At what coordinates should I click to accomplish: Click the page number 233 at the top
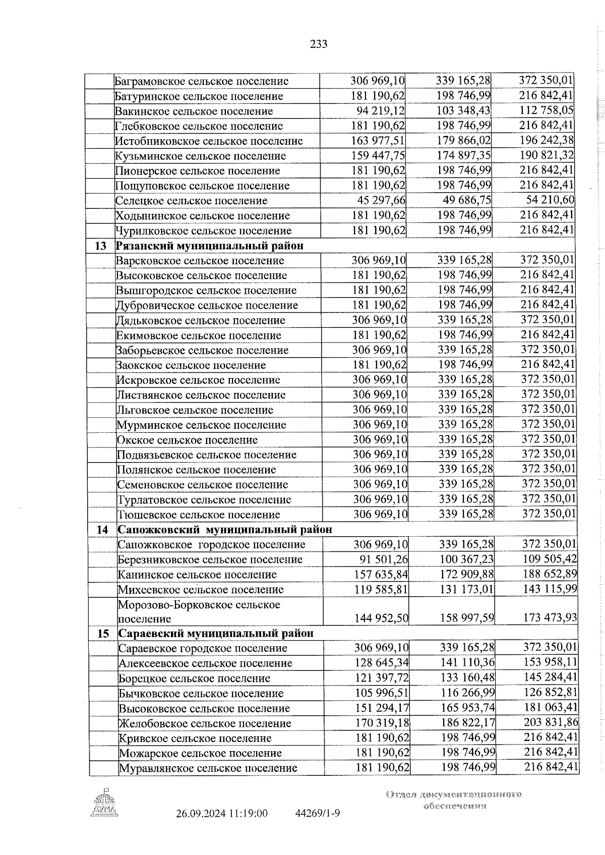(x=319, y=44)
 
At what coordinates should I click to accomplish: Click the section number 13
(x=101, y=246)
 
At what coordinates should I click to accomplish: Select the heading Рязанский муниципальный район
(x=210, y=246)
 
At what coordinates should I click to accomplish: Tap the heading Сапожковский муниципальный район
(x=224, y=530)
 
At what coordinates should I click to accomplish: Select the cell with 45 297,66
(x=381, y=201)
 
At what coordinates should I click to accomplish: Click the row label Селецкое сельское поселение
(x=192, y=201)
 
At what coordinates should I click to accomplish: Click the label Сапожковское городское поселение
(x=211, y=545)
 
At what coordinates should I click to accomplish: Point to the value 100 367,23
(x=466, y=559)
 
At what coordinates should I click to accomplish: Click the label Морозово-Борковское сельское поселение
(x=199, y=611)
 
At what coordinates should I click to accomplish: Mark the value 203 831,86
(x=551, y=723)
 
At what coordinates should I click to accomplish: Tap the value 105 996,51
(x=382, y=693)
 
